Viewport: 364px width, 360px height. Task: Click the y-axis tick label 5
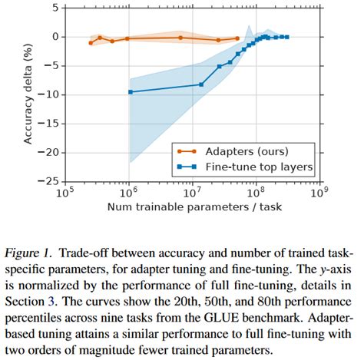(x=53, y=8)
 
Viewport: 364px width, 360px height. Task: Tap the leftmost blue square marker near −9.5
(x=130, y=91)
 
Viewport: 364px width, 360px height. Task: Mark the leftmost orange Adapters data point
(x=91, y=43)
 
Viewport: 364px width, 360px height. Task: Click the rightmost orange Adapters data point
(x=237, y=38)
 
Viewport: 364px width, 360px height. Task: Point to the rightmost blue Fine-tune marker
(x=286, y=37)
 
